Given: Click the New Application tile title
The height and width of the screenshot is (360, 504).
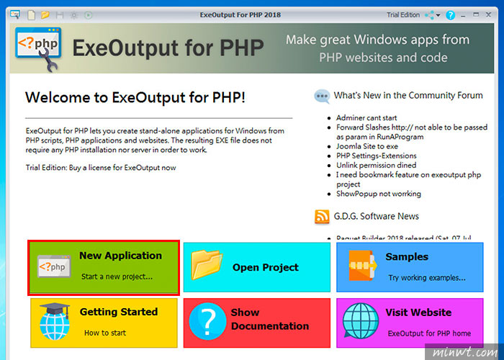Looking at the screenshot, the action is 120,256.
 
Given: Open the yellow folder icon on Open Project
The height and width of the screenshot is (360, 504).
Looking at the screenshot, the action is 207,265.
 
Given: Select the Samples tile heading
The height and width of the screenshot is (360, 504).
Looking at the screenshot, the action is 407,257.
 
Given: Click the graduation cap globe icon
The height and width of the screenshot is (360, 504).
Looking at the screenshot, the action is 55,321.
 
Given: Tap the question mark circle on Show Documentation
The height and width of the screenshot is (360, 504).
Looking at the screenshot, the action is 207,321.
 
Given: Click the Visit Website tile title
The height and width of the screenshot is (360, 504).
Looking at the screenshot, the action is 418,312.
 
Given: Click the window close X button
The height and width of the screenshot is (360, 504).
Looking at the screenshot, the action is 488,15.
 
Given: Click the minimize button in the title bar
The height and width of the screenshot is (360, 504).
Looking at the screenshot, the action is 463,15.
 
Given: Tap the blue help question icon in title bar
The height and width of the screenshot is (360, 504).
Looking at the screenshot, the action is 450,15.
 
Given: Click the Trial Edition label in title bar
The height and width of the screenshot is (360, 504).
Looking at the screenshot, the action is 403,15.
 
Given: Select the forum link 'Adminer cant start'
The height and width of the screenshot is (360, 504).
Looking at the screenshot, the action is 366,117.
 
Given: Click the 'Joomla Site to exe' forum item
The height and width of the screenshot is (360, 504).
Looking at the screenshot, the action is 367,146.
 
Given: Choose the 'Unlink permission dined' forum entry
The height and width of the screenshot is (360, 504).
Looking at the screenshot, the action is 376,165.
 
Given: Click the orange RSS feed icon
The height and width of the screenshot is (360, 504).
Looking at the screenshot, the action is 322,217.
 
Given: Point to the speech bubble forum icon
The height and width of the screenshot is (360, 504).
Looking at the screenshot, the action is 322,96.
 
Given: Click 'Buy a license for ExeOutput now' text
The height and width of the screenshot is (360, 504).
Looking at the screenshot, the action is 122,168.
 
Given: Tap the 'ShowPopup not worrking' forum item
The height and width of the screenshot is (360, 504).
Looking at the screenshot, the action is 379,194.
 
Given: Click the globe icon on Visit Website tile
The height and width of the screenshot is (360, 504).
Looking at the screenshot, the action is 360,321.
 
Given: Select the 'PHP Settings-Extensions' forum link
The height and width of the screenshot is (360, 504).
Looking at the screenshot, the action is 377,156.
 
